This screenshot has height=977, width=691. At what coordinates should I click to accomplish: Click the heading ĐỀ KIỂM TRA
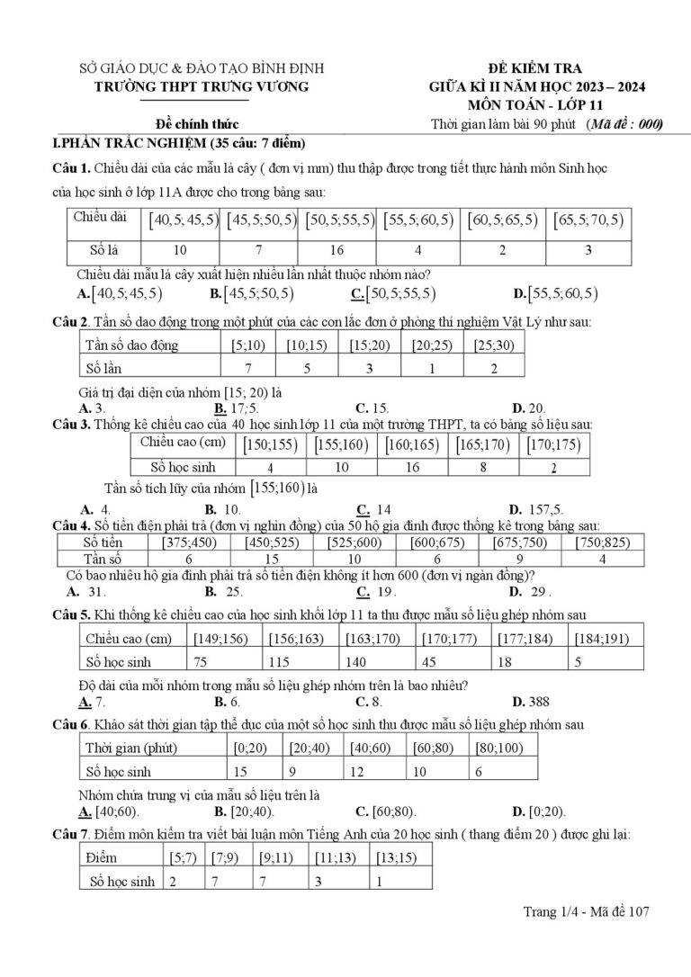tap(535, 68)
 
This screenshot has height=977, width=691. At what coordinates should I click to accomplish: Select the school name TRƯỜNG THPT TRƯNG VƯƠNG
tap(202, 86)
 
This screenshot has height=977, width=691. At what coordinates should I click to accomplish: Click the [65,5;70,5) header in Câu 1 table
tap(588, 220)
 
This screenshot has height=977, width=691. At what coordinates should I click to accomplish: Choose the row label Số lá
tap(104, 250)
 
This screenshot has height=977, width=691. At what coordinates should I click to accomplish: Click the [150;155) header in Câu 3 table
tap(270, 444)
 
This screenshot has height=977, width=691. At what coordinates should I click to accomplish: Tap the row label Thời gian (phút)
tap(130, 748)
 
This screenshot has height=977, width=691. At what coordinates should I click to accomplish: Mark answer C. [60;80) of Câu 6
tap(385, 811)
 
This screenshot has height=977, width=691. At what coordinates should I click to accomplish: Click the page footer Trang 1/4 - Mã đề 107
tap(586, 912)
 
